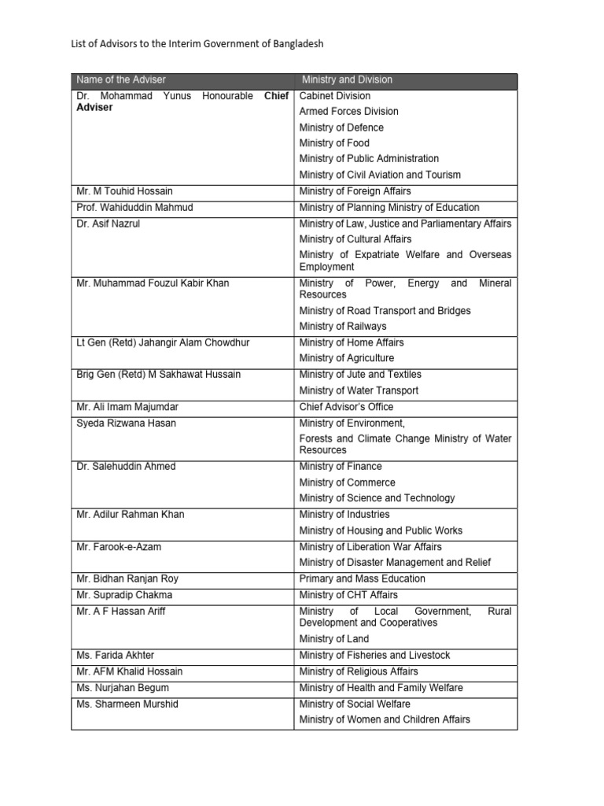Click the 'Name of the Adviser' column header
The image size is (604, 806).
coord(121,79)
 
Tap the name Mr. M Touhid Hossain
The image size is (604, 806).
coord(123,191)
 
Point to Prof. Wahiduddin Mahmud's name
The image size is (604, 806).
coord(134,208)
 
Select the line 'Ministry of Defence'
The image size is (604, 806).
coord(341,128)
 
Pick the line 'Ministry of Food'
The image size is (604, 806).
coord(333,143)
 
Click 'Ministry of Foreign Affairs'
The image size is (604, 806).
coord(355,191)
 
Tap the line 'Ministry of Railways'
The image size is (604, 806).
coord(343,326)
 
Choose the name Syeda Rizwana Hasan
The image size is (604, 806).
coord(126,423)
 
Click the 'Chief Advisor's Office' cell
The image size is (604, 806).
coord(346,407)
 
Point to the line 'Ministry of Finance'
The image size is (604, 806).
coord(341,467)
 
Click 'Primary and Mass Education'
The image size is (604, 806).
coord(362,579)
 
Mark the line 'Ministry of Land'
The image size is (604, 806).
coord(333,639)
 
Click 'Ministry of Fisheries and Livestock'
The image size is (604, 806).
coord(374,655)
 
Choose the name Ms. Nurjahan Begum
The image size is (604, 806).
coord(123,688)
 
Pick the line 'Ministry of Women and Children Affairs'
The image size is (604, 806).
coord(385,719)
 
